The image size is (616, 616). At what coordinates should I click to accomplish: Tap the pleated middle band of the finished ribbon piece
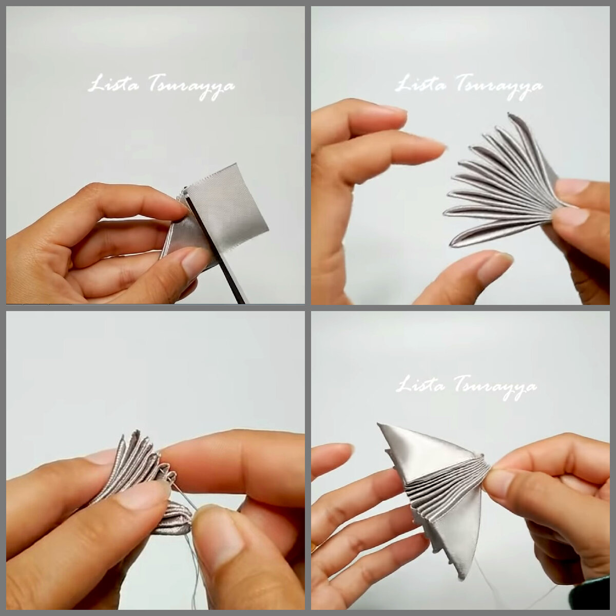coord(448,492)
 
